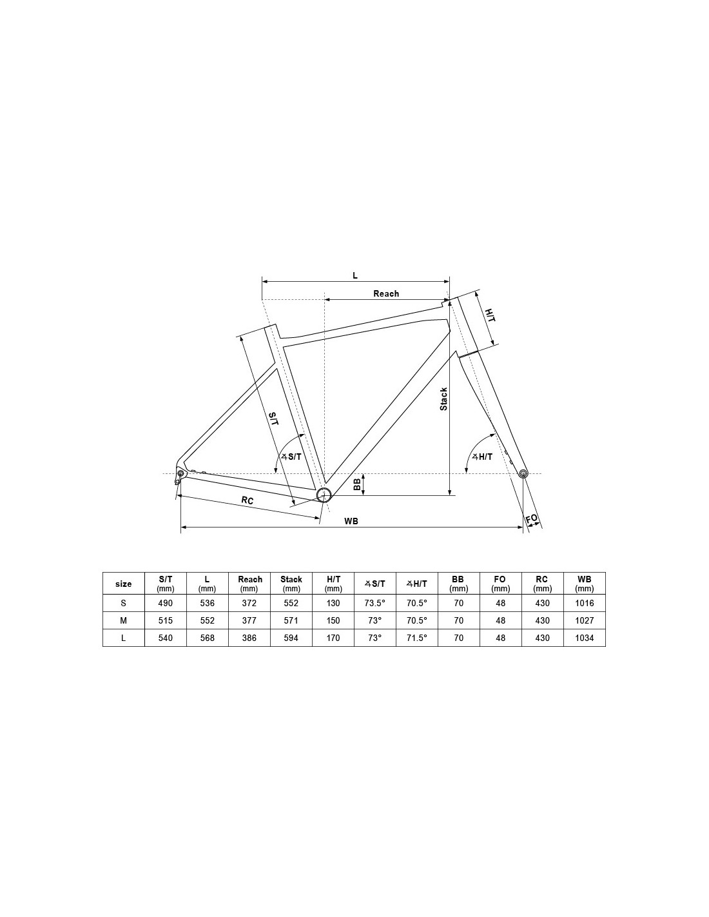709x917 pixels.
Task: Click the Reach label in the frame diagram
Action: click(x=386, y=293)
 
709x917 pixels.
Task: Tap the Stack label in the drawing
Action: click(x=443, y=399)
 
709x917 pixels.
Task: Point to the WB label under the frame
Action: click(x=351, y=521)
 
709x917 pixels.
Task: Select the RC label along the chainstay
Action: click(x=247, y=500)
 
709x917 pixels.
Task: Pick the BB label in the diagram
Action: click(x=357, y=485)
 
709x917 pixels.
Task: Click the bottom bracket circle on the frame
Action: click(x=324, y=495)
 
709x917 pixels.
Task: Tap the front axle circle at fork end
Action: click(x=523, y=473)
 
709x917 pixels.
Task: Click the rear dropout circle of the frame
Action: click(x=181, y=472)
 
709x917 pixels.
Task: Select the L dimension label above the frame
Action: click(x=355, y=275)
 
